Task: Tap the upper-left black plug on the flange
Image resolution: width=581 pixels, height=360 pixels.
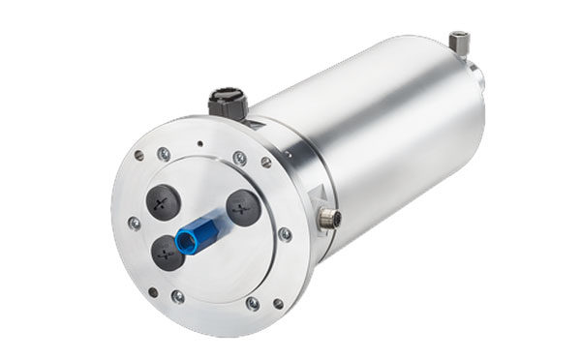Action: click(163, 198)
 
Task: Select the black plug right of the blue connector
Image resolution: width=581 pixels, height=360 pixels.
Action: click(242, 206)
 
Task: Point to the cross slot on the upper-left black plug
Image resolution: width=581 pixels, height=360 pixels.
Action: click(163, 198)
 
